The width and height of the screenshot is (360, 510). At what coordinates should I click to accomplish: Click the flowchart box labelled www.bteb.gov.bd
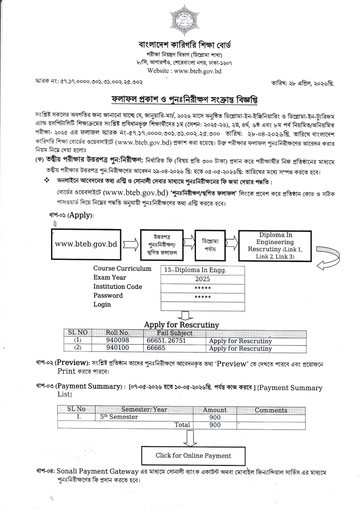click(86, 244)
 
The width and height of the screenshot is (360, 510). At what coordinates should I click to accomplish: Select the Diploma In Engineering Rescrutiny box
click(275, 246)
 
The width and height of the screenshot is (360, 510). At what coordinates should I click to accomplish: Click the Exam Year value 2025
click(202, 279)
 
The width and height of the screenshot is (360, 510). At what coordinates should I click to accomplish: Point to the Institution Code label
click(117, 287)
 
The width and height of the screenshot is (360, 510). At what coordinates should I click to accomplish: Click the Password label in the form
click(108, 295)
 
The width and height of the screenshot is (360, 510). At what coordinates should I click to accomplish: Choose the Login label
click(102, 304)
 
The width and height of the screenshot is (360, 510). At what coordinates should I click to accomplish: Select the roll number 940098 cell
click(117, 341)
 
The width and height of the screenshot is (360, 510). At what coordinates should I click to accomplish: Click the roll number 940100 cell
click(117, 349)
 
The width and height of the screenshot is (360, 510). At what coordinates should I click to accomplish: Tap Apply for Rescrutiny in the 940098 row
click(241, 341)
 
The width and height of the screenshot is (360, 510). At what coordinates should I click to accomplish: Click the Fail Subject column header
click(175, 333)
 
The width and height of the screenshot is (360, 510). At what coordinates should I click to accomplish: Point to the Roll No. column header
click(117, 333)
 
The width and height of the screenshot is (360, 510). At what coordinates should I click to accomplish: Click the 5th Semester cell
click(119, 417)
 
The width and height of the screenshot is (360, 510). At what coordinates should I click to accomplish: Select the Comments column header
click(271, 410)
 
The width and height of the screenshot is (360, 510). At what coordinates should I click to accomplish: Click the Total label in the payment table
click(182, 425)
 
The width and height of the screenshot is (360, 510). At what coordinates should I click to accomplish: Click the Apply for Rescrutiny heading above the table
click(181, 324)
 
